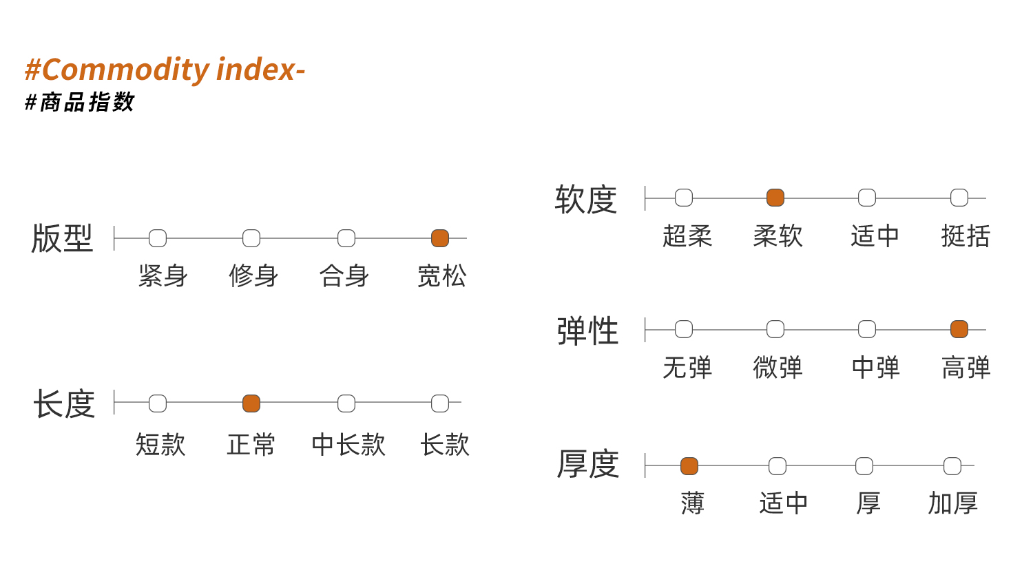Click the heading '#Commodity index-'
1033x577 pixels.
coord(165,70)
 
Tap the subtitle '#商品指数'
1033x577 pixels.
coord(79,102)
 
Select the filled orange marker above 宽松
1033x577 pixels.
coord(440,238)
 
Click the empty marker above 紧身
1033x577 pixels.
coord(158,238)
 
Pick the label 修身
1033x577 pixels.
coord(253,276)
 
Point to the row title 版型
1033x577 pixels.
coord(62,238)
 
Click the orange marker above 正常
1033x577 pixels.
coord(251,403)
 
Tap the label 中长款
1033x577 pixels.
coord(348,445)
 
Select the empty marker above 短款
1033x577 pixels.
coord(158,403)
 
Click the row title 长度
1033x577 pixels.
coord(64,403)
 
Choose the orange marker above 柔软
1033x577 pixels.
coord(775,198)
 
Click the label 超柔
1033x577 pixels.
coord(687,236)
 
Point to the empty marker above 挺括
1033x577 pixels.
coord(959,198)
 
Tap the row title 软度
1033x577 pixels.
coord(585,200)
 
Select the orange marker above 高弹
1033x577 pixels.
coord(959,329)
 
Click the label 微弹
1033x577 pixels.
coord(778,368)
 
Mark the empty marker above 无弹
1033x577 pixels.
coord(684,329)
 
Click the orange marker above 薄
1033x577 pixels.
coord(689,466)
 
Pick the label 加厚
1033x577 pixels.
coord(952,503)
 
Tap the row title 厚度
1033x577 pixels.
coord(588,464)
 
